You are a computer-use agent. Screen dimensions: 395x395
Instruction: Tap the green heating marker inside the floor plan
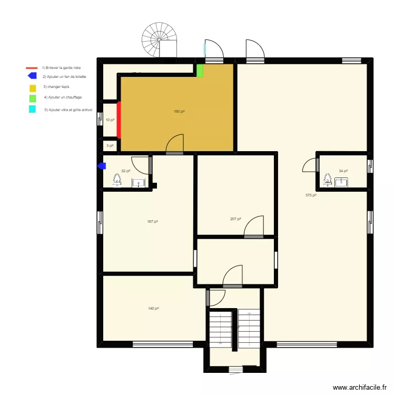point(200,71)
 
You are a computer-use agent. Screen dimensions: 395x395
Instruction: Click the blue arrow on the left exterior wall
point(102,166)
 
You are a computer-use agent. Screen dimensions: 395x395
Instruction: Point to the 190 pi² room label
point(179,112)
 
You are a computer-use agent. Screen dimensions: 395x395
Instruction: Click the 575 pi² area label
point(311,195)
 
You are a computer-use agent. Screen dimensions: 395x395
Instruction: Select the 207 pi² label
point(235,219)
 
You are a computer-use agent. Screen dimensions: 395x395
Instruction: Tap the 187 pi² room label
point(153,222)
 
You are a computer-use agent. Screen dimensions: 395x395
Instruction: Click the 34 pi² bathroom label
point(343,171)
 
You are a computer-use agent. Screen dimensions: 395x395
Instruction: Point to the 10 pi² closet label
point(110,120)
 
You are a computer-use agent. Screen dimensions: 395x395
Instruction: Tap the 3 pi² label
point(110,146)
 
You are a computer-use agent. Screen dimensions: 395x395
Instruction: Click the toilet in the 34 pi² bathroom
point(328,181)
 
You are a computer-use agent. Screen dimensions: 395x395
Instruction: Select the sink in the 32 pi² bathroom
point(138,183)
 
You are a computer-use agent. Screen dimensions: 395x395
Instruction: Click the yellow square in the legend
point(33,87)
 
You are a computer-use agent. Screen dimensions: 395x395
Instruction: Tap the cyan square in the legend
point(33,110)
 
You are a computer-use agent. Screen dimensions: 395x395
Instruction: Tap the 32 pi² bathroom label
point(125,171)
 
